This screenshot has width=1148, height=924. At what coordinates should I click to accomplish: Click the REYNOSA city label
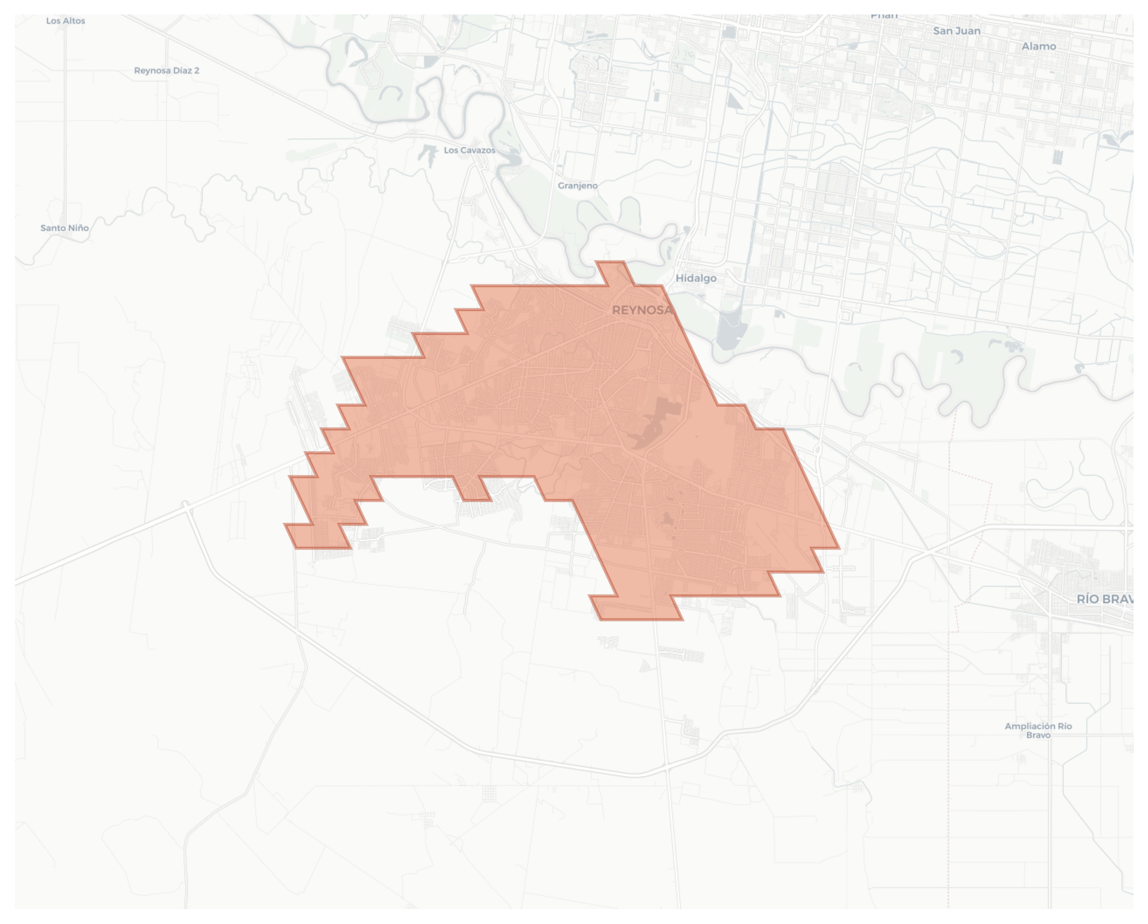(x=642, y=310)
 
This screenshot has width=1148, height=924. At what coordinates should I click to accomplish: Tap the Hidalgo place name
(x=696, y=278)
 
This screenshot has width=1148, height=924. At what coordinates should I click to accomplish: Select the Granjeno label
(x=578, y=186)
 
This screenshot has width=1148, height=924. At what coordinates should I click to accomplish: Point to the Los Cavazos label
(x=469, y=151)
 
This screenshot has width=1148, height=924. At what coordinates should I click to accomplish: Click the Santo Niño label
(x=65, y=228)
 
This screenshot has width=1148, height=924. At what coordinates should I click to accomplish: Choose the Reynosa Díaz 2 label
(x=167, y=71)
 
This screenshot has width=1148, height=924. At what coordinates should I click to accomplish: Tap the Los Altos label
(x=66, y=21)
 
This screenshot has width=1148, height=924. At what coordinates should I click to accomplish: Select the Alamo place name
(x=1038, y=46)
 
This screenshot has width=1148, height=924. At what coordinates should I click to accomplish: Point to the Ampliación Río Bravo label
(x=1038, y=730)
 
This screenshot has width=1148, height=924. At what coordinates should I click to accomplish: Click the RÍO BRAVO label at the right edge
(x=1104, y=599)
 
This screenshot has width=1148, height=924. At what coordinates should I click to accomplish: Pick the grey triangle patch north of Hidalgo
(x=733, y=100)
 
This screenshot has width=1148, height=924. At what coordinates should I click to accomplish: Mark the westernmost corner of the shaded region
(x=285, y=525)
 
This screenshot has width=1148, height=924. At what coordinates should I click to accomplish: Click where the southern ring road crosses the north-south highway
(x=666, y=767)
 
